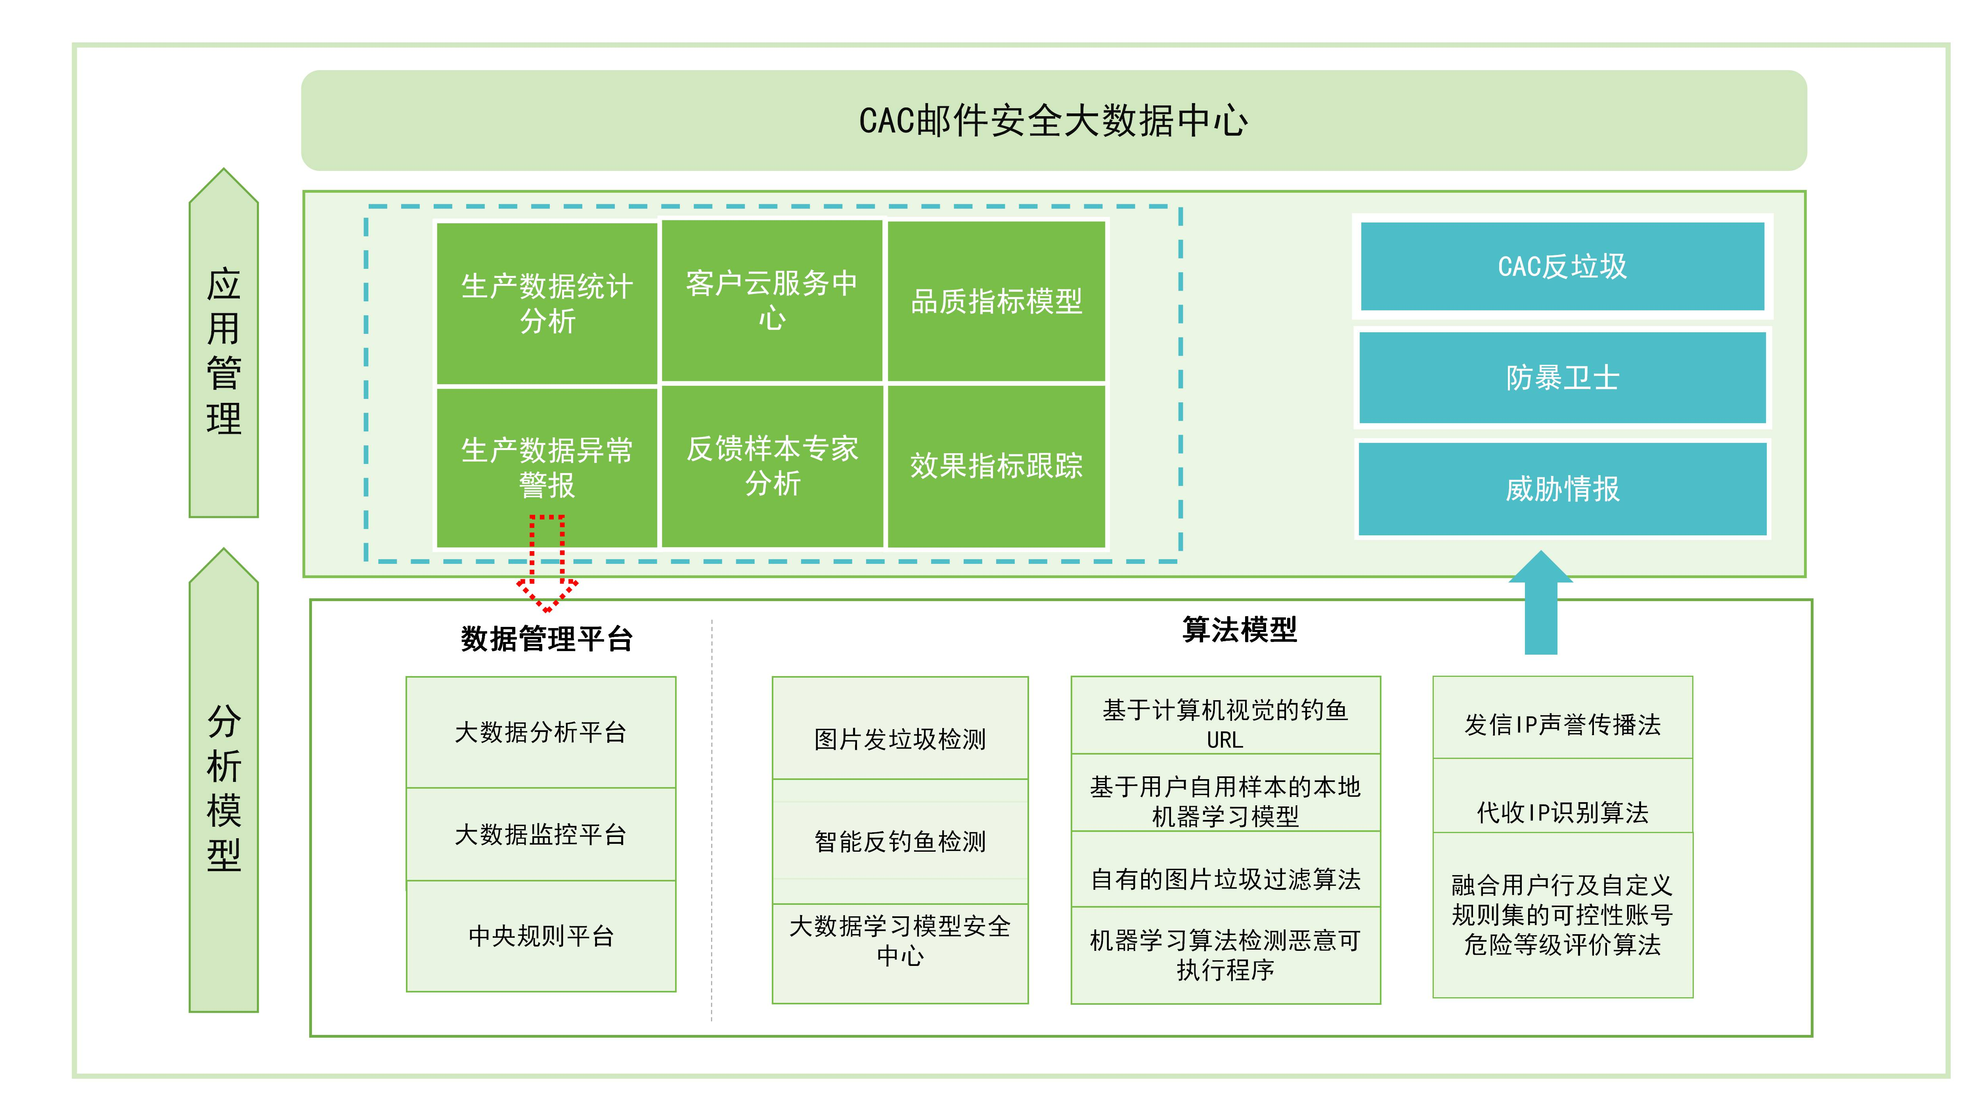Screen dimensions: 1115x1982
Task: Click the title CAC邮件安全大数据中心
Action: point(1052,121)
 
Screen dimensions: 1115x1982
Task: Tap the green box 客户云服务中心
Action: point(772,300)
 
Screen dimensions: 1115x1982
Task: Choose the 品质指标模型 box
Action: point(997,301)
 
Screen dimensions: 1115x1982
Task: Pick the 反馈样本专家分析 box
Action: point(772,466)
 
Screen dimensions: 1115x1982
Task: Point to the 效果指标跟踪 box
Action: point(997,466)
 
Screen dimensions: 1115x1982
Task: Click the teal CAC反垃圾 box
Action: point(1562,266)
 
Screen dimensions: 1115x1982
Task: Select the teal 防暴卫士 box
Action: point(1562,377)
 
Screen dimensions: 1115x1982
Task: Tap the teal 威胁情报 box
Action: point(1562,489)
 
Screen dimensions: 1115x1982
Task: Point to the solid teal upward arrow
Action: point(1540,604)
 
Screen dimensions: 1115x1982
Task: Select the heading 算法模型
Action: point(1239,629)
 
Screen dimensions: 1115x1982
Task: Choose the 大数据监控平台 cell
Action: point(541,834)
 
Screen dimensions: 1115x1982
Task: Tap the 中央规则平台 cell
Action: point(541,936)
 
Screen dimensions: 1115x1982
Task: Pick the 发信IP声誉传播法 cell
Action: point(1562,724)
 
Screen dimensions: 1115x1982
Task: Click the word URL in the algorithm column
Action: point(1225,740)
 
